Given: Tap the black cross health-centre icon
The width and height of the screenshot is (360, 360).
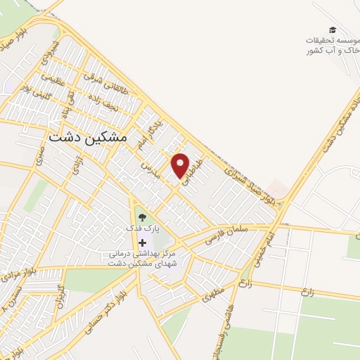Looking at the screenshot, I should pos(143,243).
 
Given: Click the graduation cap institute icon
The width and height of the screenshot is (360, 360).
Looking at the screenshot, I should pos(332,30).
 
